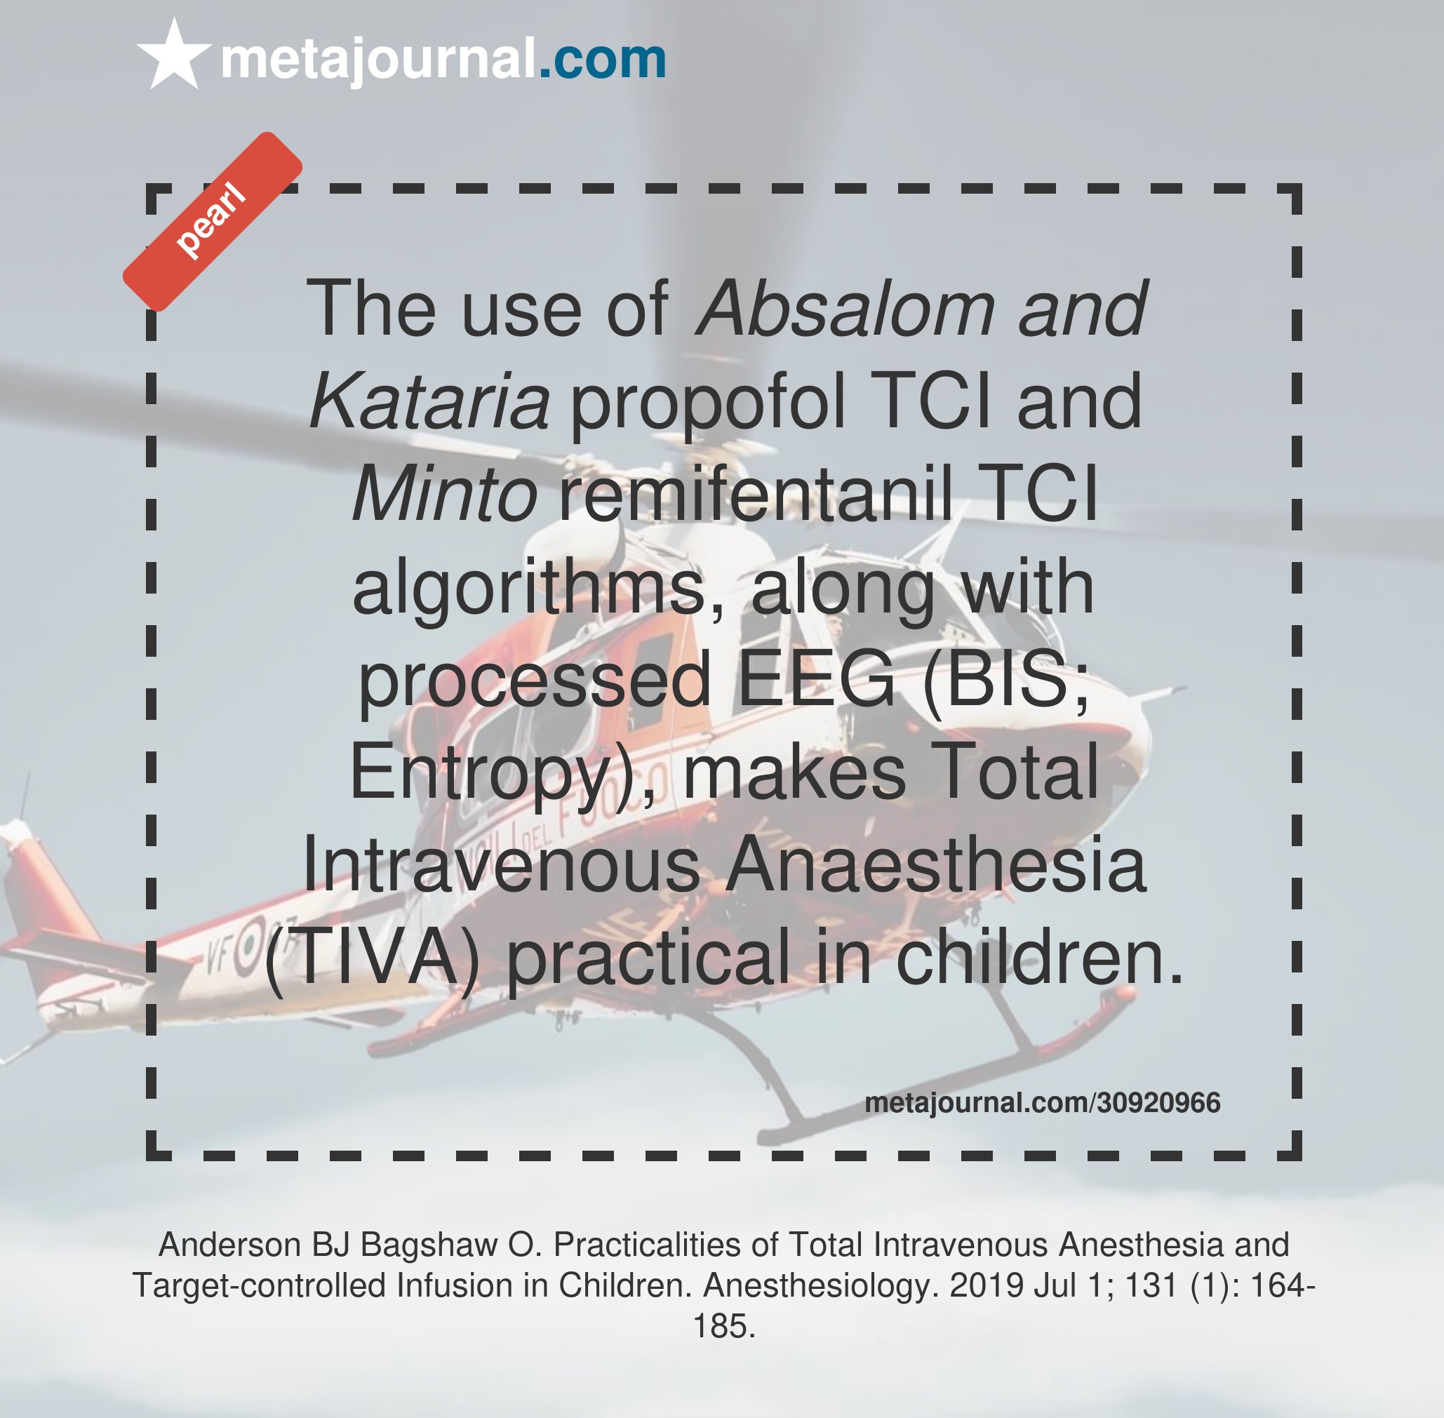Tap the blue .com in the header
point(602,59)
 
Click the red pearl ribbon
point(212,221)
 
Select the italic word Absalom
point(845,308)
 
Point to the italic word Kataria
point(429,401)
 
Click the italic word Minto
point(445,494)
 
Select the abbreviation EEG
point(816,678)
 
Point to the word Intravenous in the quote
point(501,864)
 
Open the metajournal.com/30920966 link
point(1043,1103)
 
